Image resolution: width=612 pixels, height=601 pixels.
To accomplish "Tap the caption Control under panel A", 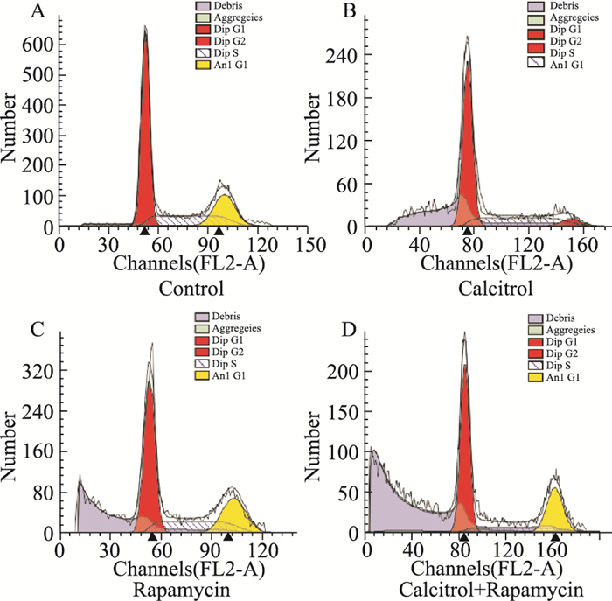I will click(x=187, y=289).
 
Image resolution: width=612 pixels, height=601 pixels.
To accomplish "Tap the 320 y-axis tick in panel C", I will click(x=38, y=370).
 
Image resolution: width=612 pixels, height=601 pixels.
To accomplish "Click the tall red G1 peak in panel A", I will click(x=145, y=131).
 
